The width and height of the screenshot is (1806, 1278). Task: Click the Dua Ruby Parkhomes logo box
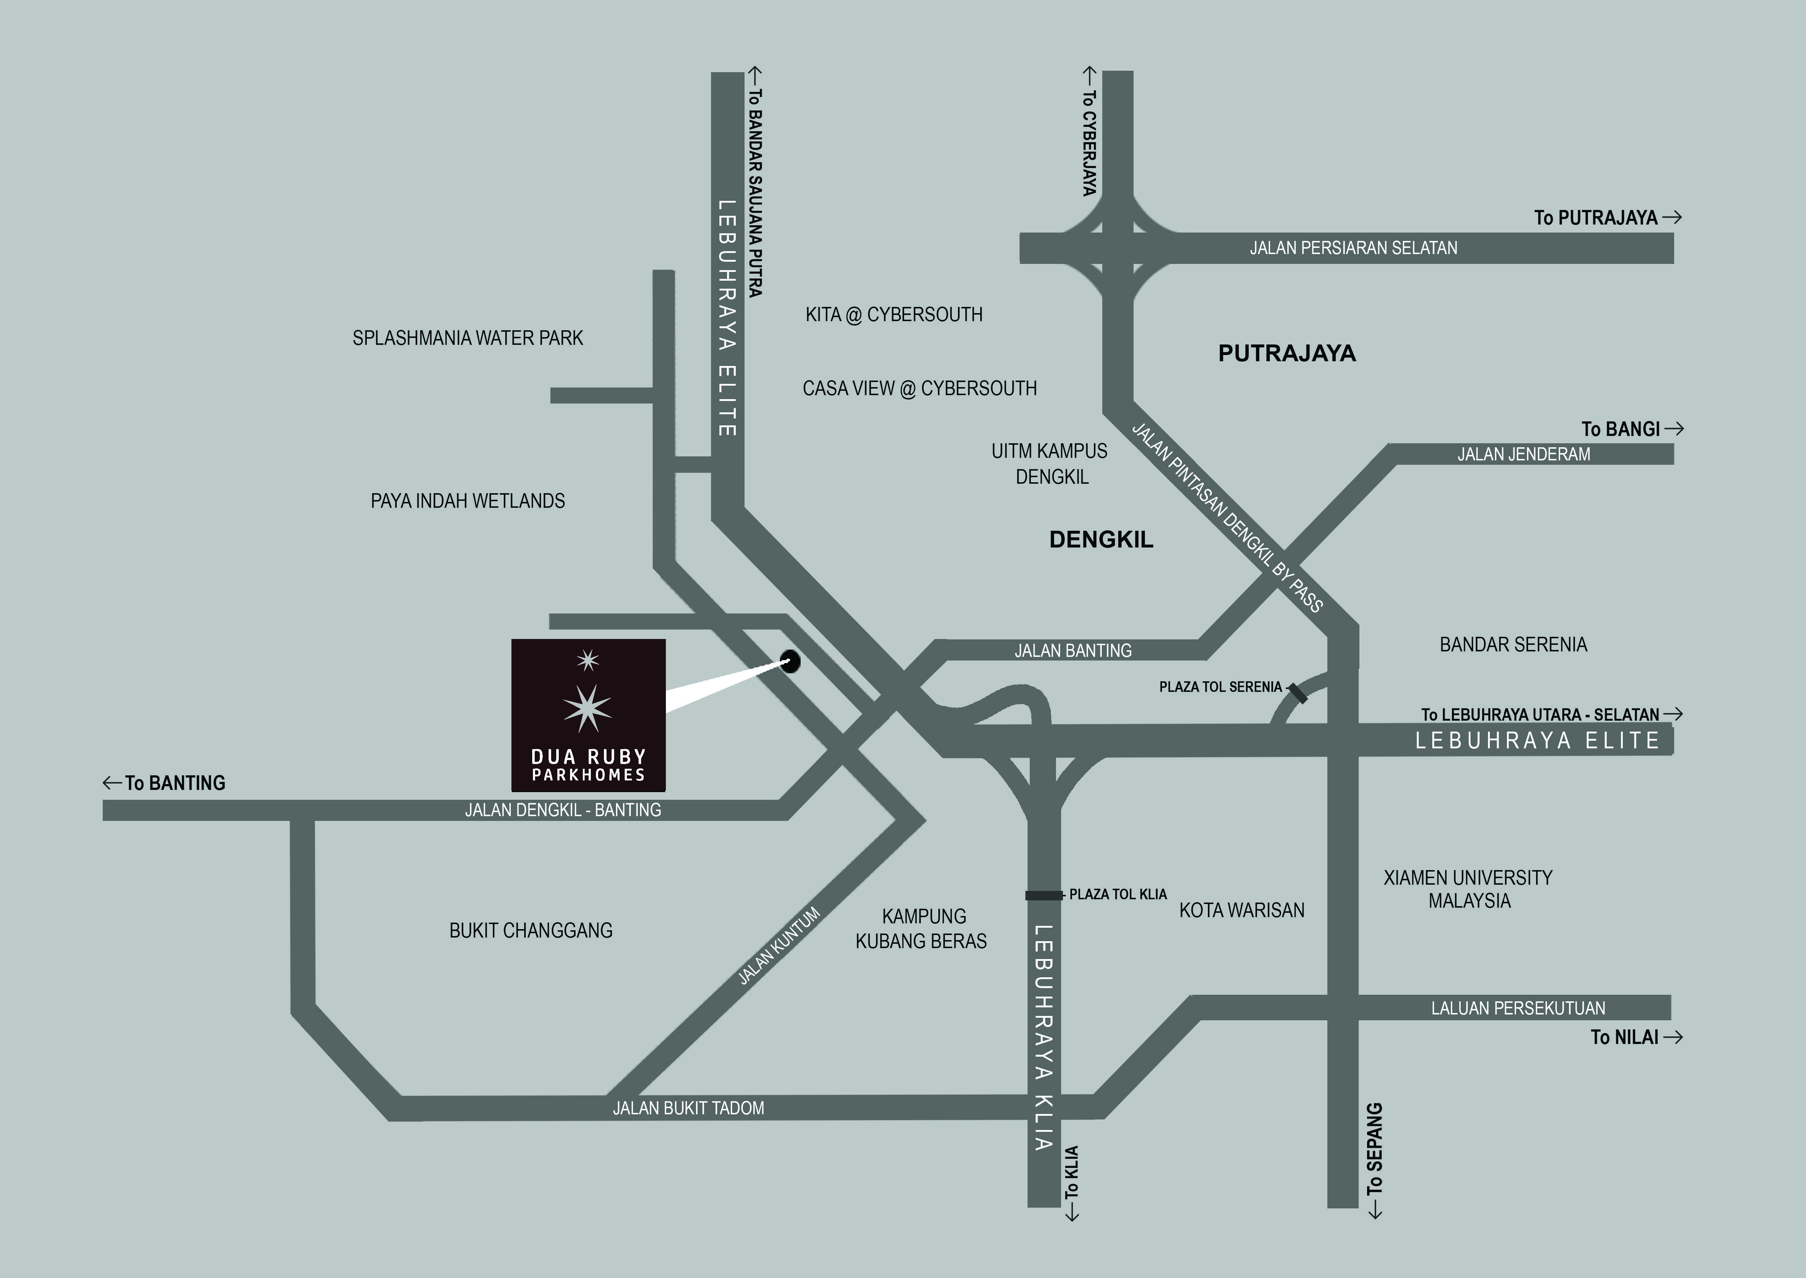[588, 714]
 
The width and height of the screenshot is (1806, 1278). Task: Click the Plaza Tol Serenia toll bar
[1297, 693]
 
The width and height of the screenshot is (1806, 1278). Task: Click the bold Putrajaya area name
[1287, 353]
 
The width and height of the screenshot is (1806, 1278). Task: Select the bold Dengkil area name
[1101, 540]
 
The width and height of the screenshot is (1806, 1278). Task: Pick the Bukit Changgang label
[531, 931]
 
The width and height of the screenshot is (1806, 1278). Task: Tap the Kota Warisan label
[1241, 911]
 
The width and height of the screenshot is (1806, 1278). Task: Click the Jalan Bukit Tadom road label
[688, 1108]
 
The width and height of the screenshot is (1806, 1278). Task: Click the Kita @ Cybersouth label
[894, 315]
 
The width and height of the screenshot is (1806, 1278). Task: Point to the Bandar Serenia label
[1513, 644]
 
